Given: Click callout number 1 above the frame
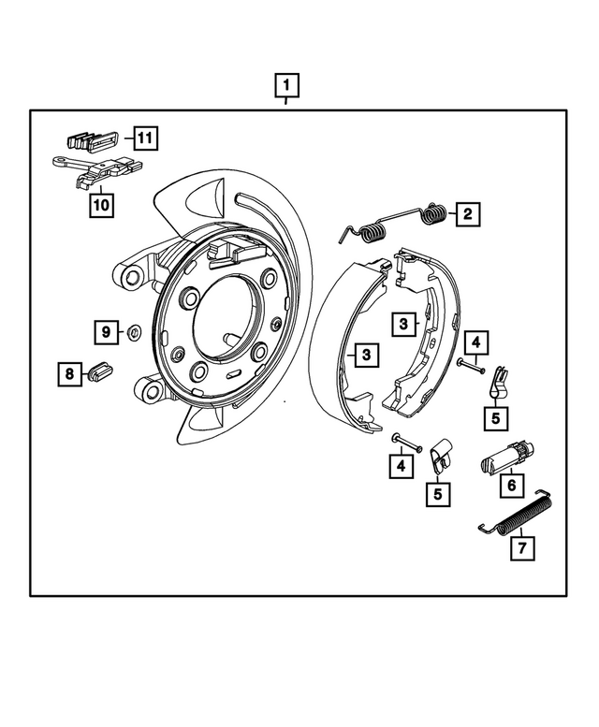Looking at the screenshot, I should (287, 86).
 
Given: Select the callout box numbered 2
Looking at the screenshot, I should (465, 214).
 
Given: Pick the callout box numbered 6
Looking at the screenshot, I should (511, 486).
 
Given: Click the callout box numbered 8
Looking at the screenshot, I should (68, 375).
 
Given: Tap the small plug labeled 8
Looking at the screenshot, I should (99, 372).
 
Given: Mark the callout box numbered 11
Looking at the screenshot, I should (144, 139).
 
